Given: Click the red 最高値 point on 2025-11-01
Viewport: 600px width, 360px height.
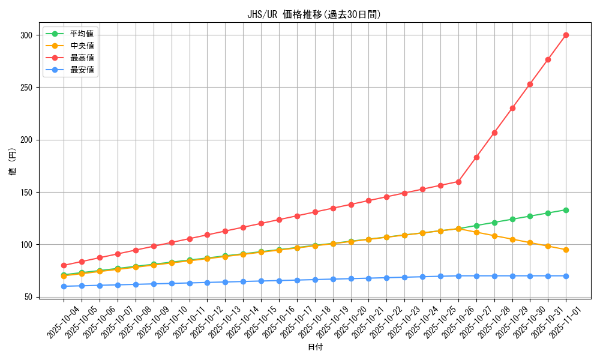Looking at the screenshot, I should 566,35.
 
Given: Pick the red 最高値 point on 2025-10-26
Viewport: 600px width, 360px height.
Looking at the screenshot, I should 458,182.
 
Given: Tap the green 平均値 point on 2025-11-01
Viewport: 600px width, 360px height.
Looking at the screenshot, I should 566,210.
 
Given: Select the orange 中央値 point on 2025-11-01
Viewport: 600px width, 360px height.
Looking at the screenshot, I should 566,250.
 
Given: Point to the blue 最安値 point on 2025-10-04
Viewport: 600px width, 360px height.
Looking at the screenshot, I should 64,286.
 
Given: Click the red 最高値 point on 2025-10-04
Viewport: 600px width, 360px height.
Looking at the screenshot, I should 64,265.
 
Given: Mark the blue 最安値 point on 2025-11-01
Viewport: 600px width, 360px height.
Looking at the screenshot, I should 566,276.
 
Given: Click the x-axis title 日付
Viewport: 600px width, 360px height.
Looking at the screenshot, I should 315,347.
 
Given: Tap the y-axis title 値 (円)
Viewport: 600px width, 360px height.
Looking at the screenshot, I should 13,162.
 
